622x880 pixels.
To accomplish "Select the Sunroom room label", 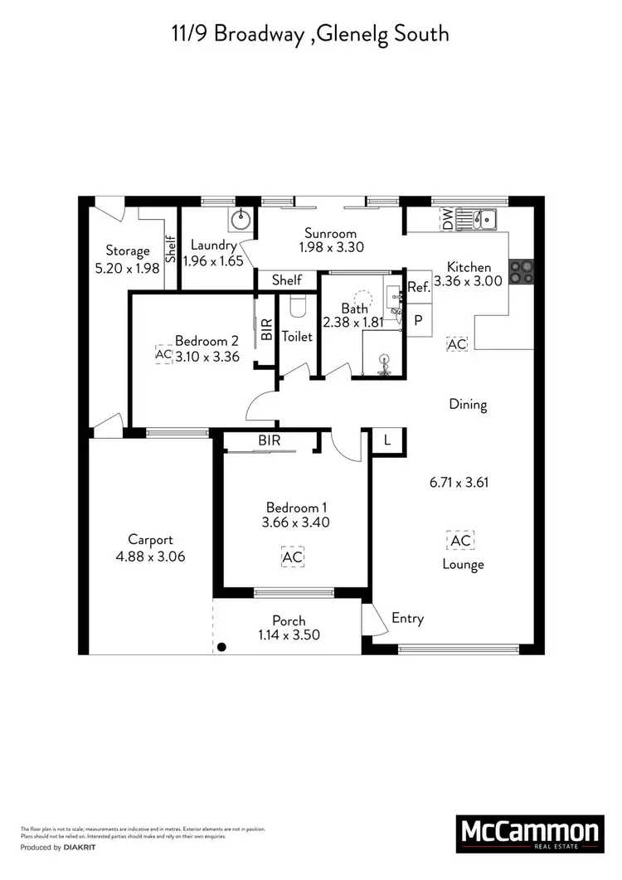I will (x=330, y=233).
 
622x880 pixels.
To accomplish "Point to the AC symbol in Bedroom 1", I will (x=292, y=557).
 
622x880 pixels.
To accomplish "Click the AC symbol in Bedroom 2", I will (x=163, y=354).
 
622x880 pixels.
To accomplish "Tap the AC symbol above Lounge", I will (x=460, y=541).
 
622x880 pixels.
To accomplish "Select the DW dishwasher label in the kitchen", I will (x=448, y=219).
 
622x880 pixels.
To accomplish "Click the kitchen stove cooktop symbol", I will (x=522, y=272).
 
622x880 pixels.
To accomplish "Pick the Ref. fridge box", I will (x=418, y=288).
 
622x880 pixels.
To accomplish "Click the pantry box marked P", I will (x=418, y=320).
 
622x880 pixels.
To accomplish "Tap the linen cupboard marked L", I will (x=386, y=440).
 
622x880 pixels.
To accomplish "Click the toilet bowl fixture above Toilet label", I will (x=298, y=306).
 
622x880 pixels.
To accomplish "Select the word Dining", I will (x=468, y=405).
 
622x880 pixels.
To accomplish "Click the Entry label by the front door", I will (x=407, y=618).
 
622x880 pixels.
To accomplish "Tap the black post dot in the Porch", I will (x=221, y=647).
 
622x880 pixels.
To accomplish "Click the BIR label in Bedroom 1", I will (x=269, y=441).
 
